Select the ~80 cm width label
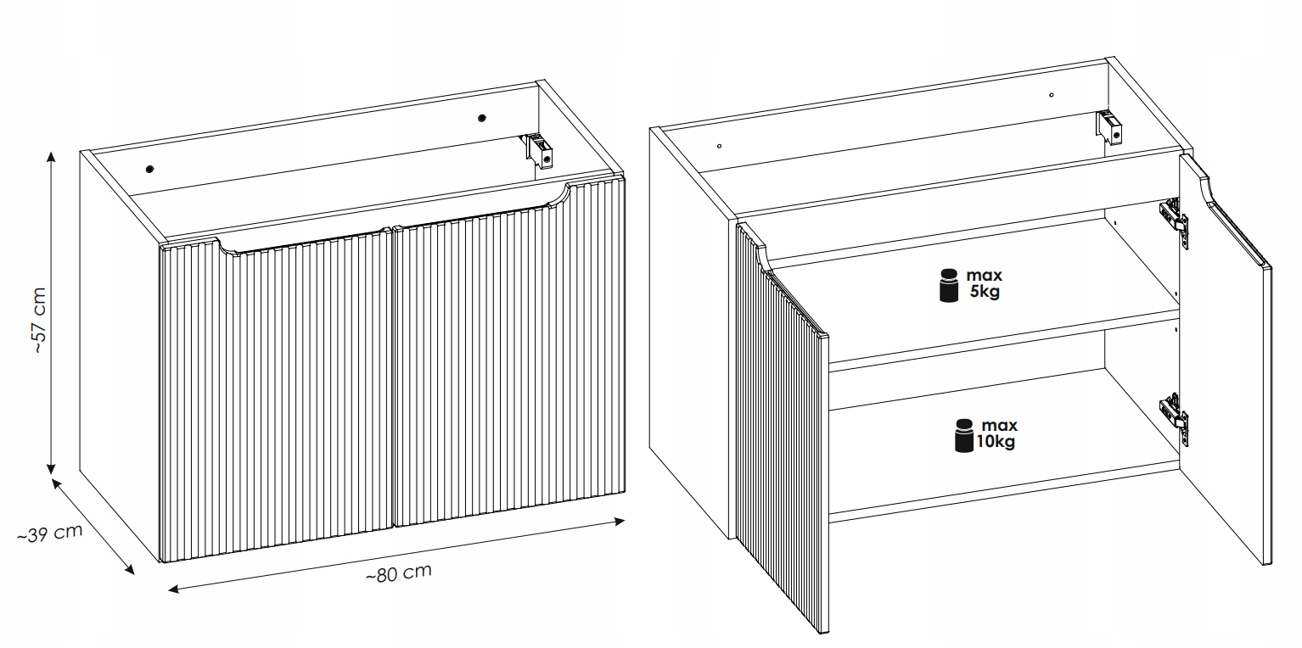point(399,573)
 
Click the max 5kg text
point(984,282)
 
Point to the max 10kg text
point(996,433)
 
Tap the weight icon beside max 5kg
point(949,285)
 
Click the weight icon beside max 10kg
point(963,435)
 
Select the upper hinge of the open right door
point(1174,223)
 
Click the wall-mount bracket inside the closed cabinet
point(540,151)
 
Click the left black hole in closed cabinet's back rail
point(150,169)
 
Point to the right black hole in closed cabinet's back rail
point(482,119)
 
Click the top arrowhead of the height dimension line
point(51,157)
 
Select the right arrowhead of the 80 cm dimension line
point(620,522)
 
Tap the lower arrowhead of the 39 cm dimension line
point(129,569)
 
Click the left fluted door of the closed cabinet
point(276,395)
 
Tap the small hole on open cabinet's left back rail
point(719,146)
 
